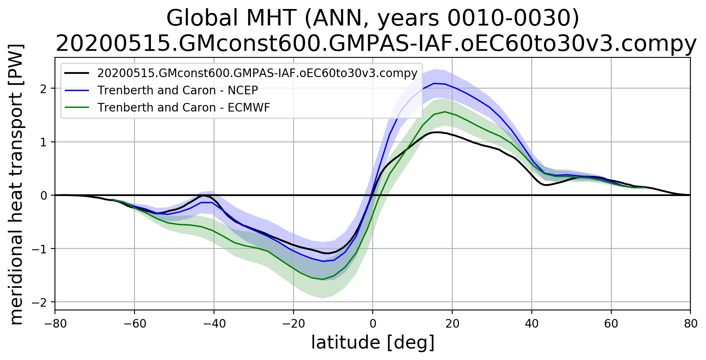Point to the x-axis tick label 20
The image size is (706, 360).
pos(452,324)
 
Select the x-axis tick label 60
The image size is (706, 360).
pos(611,324)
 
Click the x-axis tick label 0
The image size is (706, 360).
pos(373,324)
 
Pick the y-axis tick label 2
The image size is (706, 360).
pos(43,89)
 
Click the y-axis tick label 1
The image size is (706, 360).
pos(43,142)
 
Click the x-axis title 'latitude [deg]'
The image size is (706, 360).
pos(373,343)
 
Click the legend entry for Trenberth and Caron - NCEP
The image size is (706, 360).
pos(178,90)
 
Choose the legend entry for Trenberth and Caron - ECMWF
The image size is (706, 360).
pos(184,107)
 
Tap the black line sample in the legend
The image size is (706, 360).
pos(77,73)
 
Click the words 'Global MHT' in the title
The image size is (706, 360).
pos(231,18)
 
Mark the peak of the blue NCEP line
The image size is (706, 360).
pos(434,83)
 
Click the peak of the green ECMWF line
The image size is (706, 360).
pos(445,112)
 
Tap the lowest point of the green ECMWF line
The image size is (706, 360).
pos(323,280)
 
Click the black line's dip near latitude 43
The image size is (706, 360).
pos(545,185)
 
